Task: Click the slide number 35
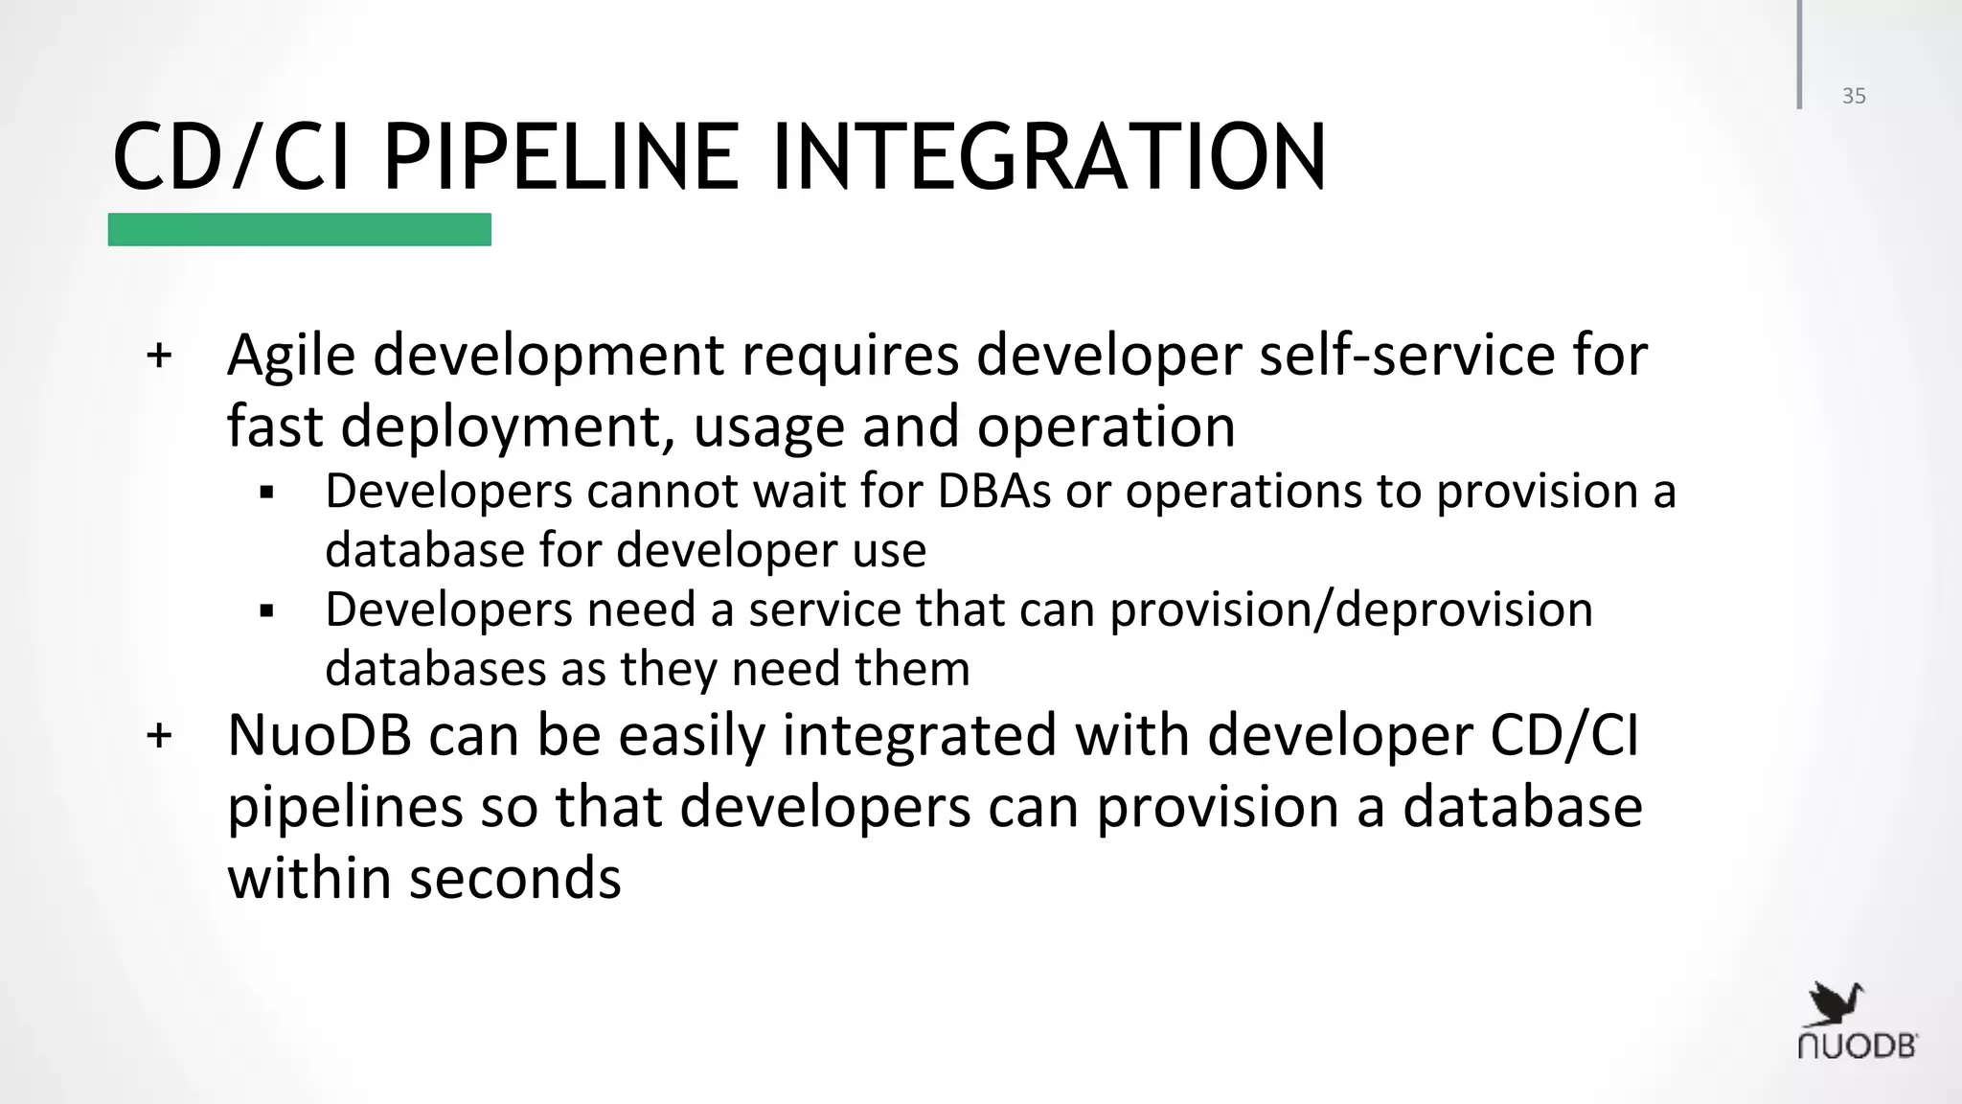click(x=1854, y=96)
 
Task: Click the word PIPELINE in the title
click(x=560, y=158)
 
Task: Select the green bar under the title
click(x=299, y=230)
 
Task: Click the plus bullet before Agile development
click(x=159, y=356)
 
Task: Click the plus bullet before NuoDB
click(x=159, y=736)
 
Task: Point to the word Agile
click(x=291, y=356)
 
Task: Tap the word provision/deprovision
click(x=1351, y=609)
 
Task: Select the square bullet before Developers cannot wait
click(x=267, y=494)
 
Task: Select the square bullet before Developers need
click(x=267, y=611)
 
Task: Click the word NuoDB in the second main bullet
click(x=319, y=736)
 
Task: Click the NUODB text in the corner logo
click(x=1857, y=1046)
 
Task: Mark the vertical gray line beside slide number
click(x=1799, y=55)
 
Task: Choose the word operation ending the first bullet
click(x=1106, y=427)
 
